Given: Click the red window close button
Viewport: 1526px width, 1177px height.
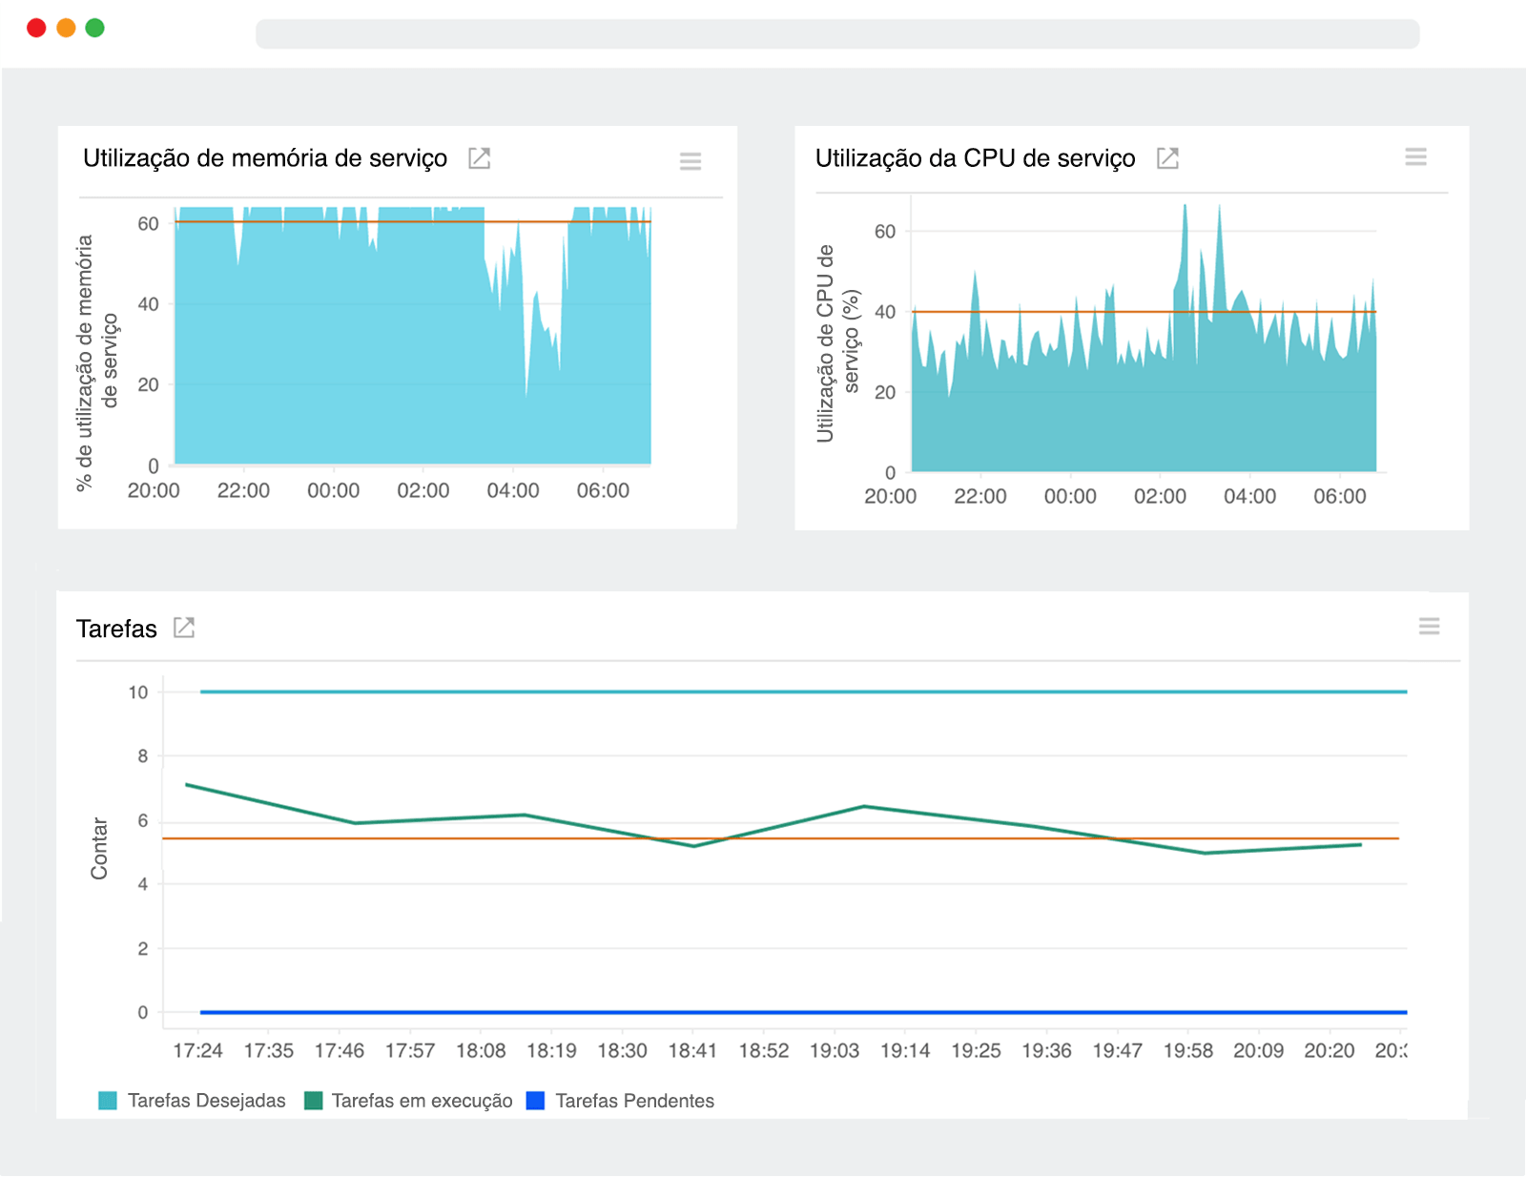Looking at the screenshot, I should [36, 28].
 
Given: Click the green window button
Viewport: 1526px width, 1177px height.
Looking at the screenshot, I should [94, 28].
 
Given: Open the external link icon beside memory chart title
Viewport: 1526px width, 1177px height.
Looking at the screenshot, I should [479, 158].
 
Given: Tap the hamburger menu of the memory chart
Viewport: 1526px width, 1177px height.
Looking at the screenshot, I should [691, 160].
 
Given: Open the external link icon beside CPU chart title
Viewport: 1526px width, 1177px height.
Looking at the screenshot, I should [1167, 158].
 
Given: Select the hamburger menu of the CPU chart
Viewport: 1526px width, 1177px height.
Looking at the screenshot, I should [1415, 156].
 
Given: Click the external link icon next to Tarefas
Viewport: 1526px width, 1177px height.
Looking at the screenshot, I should [184, 628].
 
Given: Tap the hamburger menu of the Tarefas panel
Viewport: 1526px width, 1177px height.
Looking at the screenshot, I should [1429, 626].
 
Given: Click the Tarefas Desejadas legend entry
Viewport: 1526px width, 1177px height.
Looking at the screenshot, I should [193, 1101].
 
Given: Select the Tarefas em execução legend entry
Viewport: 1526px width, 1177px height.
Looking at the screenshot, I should [409, 1101].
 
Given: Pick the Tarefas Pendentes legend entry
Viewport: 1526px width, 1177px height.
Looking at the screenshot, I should [621, 1101].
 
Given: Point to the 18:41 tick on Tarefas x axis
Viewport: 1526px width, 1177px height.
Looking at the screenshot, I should [692, 1050].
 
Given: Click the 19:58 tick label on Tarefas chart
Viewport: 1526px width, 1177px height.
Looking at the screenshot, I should [1187, 1050].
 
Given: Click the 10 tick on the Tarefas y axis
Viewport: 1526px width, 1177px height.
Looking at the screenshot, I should [138, 692].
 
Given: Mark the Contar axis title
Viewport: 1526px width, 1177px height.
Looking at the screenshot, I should [99, 848].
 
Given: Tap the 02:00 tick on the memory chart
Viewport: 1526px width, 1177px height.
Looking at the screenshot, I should [423, 490].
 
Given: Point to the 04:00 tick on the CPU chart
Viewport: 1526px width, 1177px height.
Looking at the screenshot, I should [1249, 496].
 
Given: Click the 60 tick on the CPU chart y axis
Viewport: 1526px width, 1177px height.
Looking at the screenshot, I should [884, 232].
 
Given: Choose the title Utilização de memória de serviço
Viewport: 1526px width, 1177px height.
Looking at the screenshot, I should [265, 158].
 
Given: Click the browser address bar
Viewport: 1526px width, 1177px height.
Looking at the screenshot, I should [836, 34].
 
